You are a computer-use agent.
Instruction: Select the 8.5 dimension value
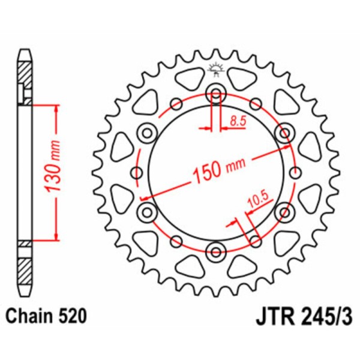click(238, 121)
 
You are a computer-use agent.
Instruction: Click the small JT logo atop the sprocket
click(215, 69)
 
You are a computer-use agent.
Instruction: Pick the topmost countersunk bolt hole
click(215, 94)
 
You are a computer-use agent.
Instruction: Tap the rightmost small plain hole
click(294, 173)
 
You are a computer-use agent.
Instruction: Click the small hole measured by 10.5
click(255, 241)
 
